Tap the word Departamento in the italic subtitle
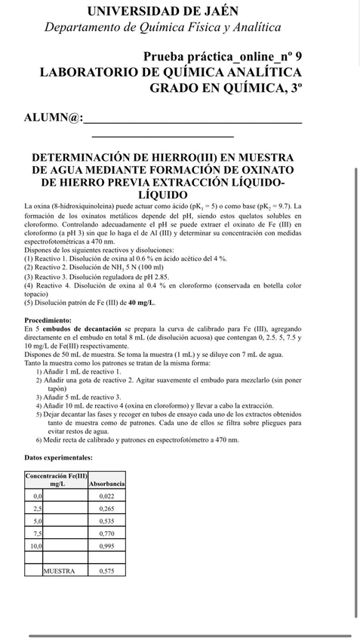tap(82, 28)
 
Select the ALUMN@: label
tap(53, 118)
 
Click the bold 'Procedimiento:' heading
tap(48, 320)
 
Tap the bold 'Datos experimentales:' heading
tap(59, 457)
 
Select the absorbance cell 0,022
tap(106, 496)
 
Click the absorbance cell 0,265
tap(106, 509)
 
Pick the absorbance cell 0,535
tap(106, 521)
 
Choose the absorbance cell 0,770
tap(106, 533)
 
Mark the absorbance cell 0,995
tap(106, 545)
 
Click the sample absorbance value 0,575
tap(106, 571)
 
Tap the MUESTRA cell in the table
tap(59, 571)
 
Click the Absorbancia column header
tap(106, 483)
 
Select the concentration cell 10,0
tap(35, 545)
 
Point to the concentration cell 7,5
tap(37, 533)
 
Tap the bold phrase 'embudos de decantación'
tap(81, 329)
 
